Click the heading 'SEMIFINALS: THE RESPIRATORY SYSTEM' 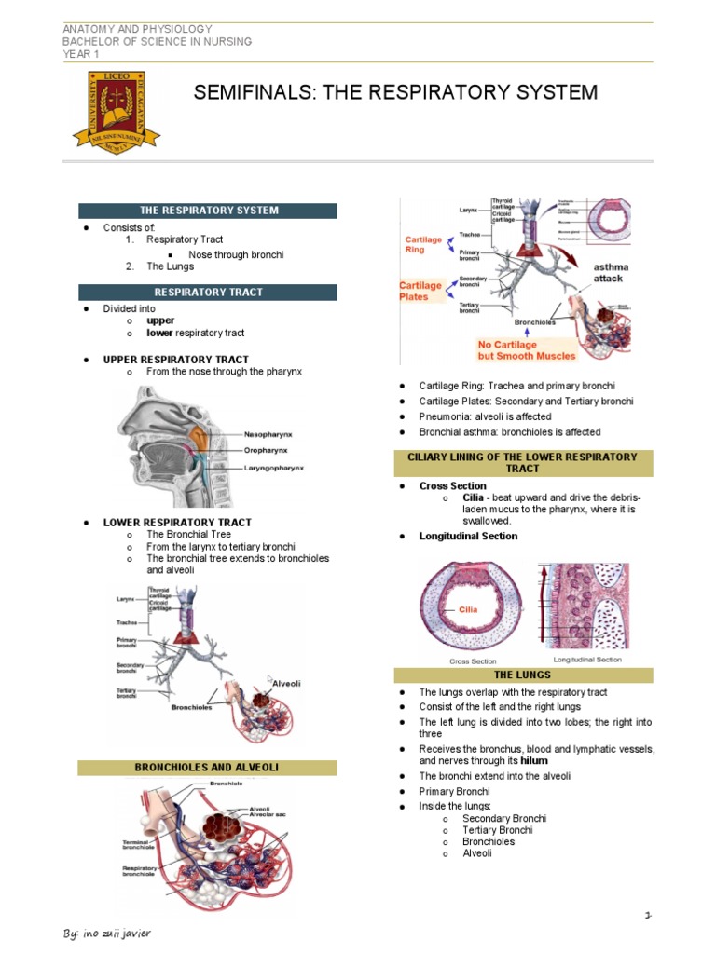pyautogui.click(x=394, y=92)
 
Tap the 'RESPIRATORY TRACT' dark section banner pyautogui.click(x=208, y=292)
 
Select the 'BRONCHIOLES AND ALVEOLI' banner pyautogui.click(x=207, y=768)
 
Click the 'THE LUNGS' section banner pyautogui.click(x=522, y=675)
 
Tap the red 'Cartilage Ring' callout pyautogui.click(x=423, y=244)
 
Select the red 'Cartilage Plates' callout pyautogui.click(x=420, y=291)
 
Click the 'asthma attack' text pyautogui.click(x=612, y=273)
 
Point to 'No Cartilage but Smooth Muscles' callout pyautogui.click(x=527, y=349)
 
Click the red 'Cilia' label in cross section pyautogui.click(x=468, y=609)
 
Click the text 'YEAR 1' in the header pyautogui.click(x=80, y=53)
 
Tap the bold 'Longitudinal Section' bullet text pyautogui.click(x=468, y=536)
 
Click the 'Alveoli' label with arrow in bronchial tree pyautogui.click(x=285, y=683)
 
